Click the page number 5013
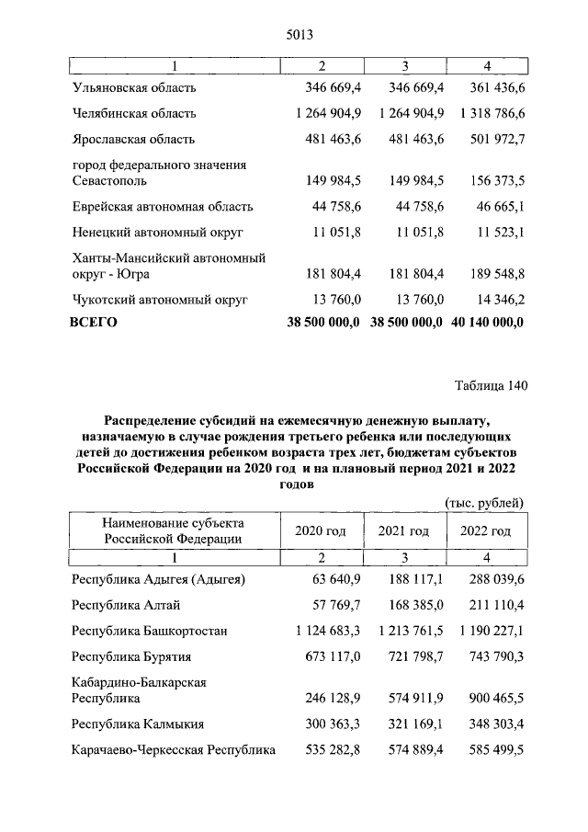294,34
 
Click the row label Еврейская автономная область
163,207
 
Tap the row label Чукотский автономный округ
159,300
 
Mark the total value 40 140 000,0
487,323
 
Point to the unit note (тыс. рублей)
484,502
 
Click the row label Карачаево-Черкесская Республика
174,750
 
